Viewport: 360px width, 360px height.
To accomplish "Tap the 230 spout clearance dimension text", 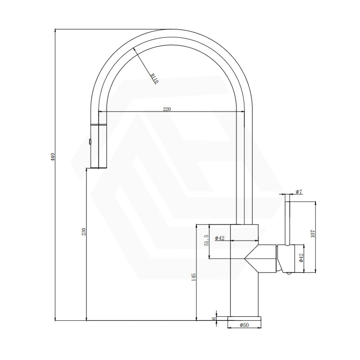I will click(83, 232).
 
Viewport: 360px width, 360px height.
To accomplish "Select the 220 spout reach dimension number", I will click(167, 109).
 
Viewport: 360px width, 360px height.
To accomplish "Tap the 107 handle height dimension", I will click(313, 233).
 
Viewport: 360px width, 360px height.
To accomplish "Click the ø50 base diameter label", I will click(244, 325).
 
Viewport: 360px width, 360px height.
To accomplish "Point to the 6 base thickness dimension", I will click(214, 318).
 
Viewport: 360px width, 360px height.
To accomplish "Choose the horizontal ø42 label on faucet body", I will click(220, 238).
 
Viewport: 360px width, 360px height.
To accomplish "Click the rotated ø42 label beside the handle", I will click(301, 258).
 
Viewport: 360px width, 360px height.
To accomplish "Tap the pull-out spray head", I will click(99, 146).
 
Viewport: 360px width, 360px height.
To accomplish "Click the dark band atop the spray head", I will click(99, 123).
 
